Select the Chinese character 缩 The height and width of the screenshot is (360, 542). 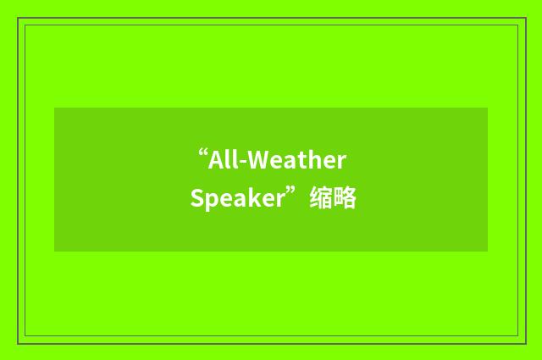point(320,200)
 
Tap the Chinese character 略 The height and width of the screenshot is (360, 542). point(345,200)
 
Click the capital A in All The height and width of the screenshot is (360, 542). point(217,161)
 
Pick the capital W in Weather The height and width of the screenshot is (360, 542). point(257,161)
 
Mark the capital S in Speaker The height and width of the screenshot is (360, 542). point(196,200)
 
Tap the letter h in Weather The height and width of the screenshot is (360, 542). point(318,161)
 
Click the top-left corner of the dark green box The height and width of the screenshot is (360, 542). point(55,108)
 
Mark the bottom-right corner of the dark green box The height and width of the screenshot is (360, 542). point(487,251)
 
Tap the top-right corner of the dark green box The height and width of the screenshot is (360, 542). point(487,108)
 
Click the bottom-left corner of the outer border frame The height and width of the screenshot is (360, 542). point(19,343)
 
